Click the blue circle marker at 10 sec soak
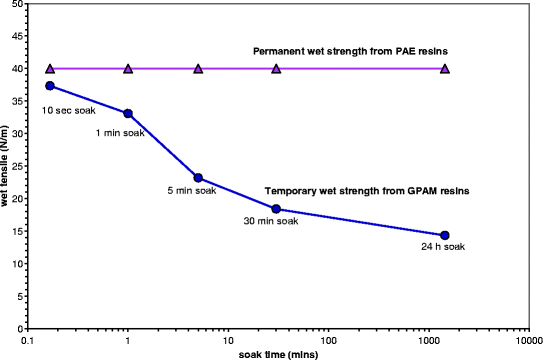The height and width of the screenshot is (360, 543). [50, 86]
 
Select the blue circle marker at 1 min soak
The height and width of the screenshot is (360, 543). [128, 114]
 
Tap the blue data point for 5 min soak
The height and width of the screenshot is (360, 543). [198, 178]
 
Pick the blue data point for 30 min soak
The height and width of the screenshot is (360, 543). [276, 209]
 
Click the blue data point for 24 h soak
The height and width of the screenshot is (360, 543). [445, 235]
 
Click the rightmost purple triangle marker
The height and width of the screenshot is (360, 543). [445, 69]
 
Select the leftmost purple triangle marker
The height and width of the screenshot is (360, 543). [50, 69]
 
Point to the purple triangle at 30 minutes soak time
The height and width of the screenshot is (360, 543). [276, 69]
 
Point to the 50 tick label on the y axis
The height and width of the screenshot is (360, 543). [19, 5]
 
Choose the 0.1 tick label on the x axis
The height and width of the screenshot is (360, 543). [30, 339]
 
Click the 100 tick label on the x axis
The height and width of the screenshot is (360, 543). [328, 339]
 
